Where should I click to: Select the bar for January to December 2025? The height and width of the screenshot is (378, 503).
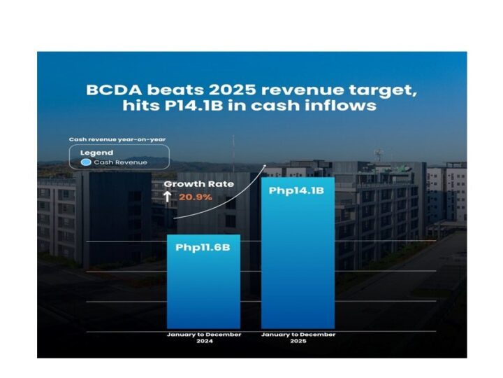click(298, 266)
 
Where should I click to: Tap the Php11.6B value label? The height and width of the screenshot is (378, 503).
click(203, 247)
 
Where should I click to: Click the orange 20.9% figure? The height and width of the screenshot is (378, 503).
click(196, 197)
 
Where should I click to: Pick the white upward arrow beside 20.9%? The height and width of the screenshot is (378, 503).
click(168, 197)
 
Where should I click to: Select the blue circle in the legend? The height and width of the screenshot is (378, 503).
click(85, 162)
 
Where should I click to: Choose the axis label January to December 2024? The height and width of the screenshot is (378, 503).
click(203, 338)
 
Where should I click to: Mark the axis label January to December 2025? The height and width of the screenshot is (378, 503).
click(298, 338)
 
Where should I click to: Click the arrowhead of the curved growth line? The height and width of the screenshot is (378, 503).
click(265, 167)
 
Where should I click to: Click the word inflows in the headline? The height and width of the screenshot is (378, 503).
click(344, 106)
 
